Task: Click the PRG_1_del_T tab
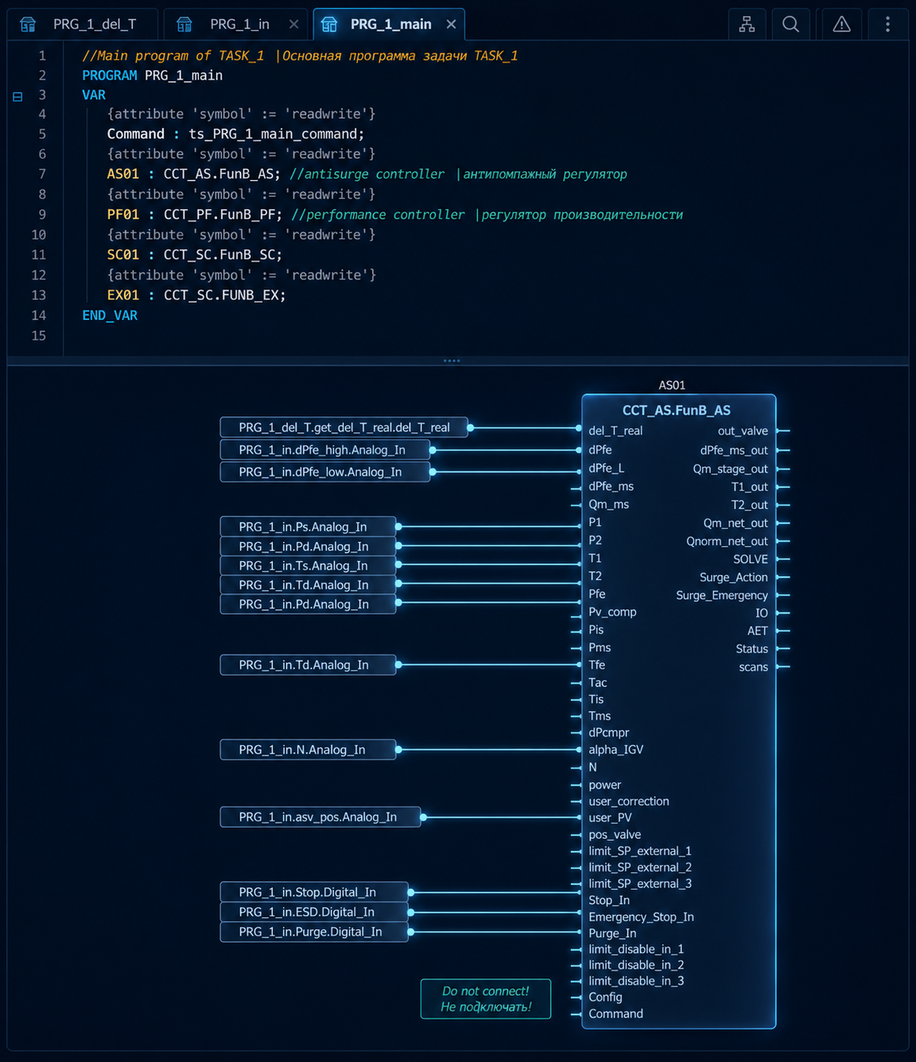click(x=82, y=24)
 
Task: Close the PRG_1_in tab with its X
click(x=294, y=24)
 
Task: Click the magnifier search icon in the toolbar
click(x=791, y=24)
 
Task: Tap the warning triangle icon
click(x=841, y=24)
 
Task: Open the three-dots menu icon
click(x=888, y=24)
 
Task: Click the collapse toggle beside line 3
click(x=17, y=96)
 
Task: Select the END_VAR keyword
click(x=110, y=315)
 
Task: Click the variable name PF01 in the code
click(x=123, y=215)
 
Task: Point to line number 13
click(x=39, y=295)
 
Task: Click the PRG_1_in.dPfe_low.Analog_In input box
click(x=325, y=472)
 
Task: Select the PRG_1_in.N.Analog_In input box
click(x=308, y=750)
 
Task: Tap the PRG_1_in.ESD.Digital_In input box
click(x=315, y=912)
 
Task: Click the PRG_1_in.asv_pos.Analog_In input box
click(x=320, y=817)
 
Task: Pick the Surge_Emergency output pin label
click(x=722, y=595)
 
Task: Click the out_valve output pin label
click(x=742, y=430)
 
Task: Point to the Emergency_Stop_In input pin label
click(x=641, y=916)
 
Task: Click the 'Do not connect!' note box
click(x=486, y=999)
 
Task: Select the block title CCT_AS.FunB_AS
click(x=676, y=410)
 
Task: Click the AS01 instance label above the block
click(x=671, y=385)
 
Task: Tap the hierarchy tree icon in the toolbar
click(x=747, y=24)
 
